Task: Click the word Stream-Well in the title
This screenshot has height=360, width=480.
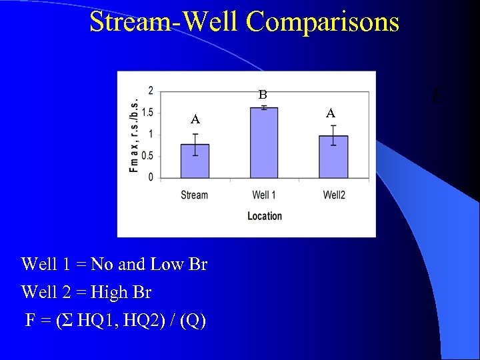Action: (164, 22)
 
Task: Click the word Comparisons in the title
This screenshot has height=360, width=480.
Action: (323, 22)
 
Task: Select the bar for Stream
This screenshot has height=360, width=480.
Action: (195, 161)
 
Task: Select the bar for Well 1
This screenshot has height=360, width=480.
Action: (264, 143)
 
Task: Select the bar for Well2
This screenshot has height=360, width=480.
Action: (333, 157)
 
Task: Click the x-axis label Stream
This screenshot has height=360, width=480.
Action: (195, 195)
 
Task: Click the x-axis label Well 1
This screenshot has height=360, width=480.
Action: (264, 195)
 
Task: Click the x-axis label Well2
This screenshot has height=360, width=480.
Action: (334, 195)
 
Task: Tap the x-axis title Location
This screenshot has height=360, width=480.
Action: (264, 216)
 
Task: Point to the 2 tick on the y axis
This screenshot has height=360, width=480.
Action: (151, 91)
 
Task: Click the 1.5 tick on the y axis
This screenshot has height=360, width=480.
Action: (148, 113)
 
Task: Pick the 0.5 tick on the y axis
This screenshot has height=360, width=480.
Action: (148, 156)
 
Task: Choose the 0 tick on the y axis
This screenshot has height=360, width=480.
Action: (151, 177)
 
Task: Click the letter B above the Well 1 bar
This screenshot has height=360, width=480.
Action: (263, 95)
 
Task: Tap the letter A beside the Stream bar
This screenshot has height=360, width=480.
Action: (195, 120)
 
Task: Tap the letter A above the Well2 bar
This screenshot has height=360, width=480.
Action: (330, 113)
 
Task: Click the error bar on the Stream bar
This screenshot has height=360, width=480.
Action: (195, 144)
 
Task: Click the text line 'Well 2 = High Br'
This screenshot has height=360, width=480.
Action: (87, 293)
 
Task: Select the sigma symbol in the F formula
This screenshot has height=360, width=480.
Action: (66, 321)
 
